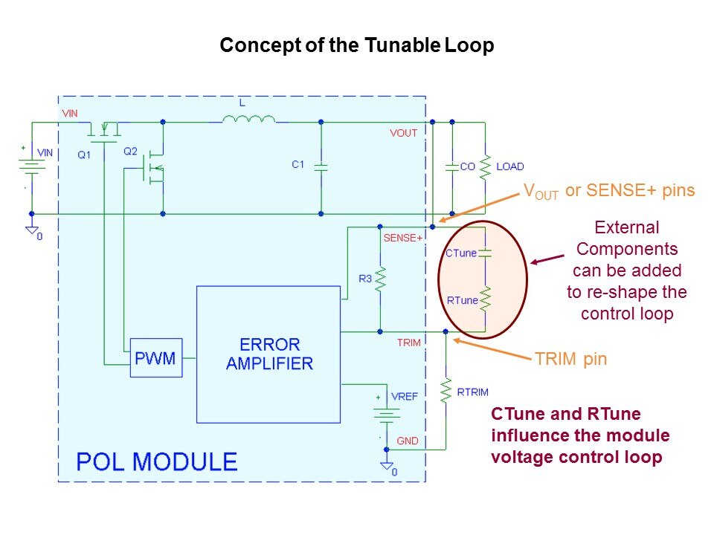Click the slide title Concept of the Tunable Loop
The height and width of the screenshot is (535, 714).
357,46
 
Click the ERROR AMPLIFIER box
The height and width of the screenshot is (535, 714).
269,354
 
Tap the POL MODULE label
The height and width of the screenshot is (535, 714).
157,461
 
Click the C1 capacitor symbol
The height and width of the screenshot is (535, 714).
321,167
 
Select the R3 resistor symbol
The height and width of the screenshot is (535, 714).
380,279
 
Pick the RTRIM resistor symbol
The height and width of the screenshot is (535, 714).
446,390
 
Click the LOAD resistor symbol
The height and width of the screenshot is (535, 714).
485,167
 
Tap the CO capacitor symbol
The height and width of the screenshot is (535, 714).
451,167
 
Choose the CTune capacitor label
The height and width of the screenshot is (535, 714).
461,253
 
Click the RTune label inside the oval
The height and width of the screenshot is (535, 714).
462,300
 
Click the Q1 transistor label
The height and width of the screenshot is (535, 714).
84,155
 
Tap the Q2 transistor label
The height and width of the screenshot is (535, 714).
131,151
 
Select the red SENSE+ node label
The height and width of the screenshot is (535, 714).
402,239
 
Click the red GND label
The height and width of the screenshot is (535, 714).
408,441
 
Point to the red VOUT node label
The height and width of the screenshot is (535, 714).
403,133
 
